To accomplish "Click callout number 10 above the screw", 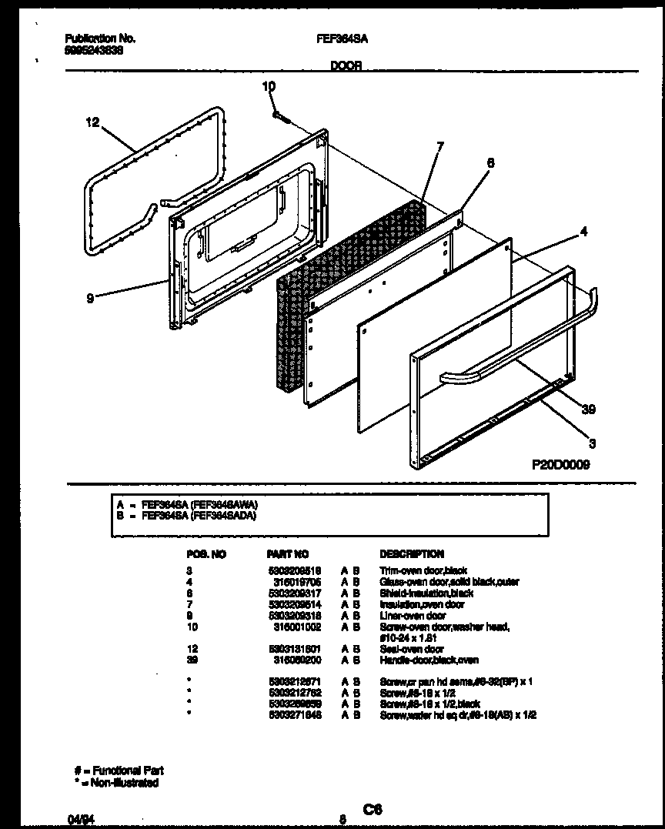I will pyautogui.click(x=268, y=87).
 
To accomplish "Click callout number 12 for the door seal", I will pyautogui.click(x=92, y=122).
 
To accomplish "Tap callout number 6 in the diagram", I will pyautogui.click(x=490, y=162).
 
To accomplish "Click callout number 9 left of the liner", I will pyautogui.click(x=90, y=299).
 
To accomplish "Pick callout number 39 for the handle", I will pyautogui.click(x=589, y=409).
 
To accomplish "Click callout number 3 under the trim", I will pyautogui.click(x=592, y=443).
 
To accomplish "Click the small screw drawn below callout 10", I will pyautogui.click(x=279, y=116).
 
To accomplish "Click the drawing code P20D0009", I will pyautogui.click(x=560, y=464).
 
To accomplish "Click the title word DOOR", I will pyautogui.click(x=346, y=67).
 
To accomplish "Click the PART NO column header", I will pyautogui.click(x=287, y=553).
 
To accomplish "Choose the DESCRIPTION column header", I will pyautogui.click(x=411, y=553).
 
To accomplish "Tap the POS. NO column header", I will pyautogui.click(x=206, y=553).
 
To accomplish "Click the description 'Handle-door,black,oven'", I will pyautogui.click(x=429, y=660).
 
